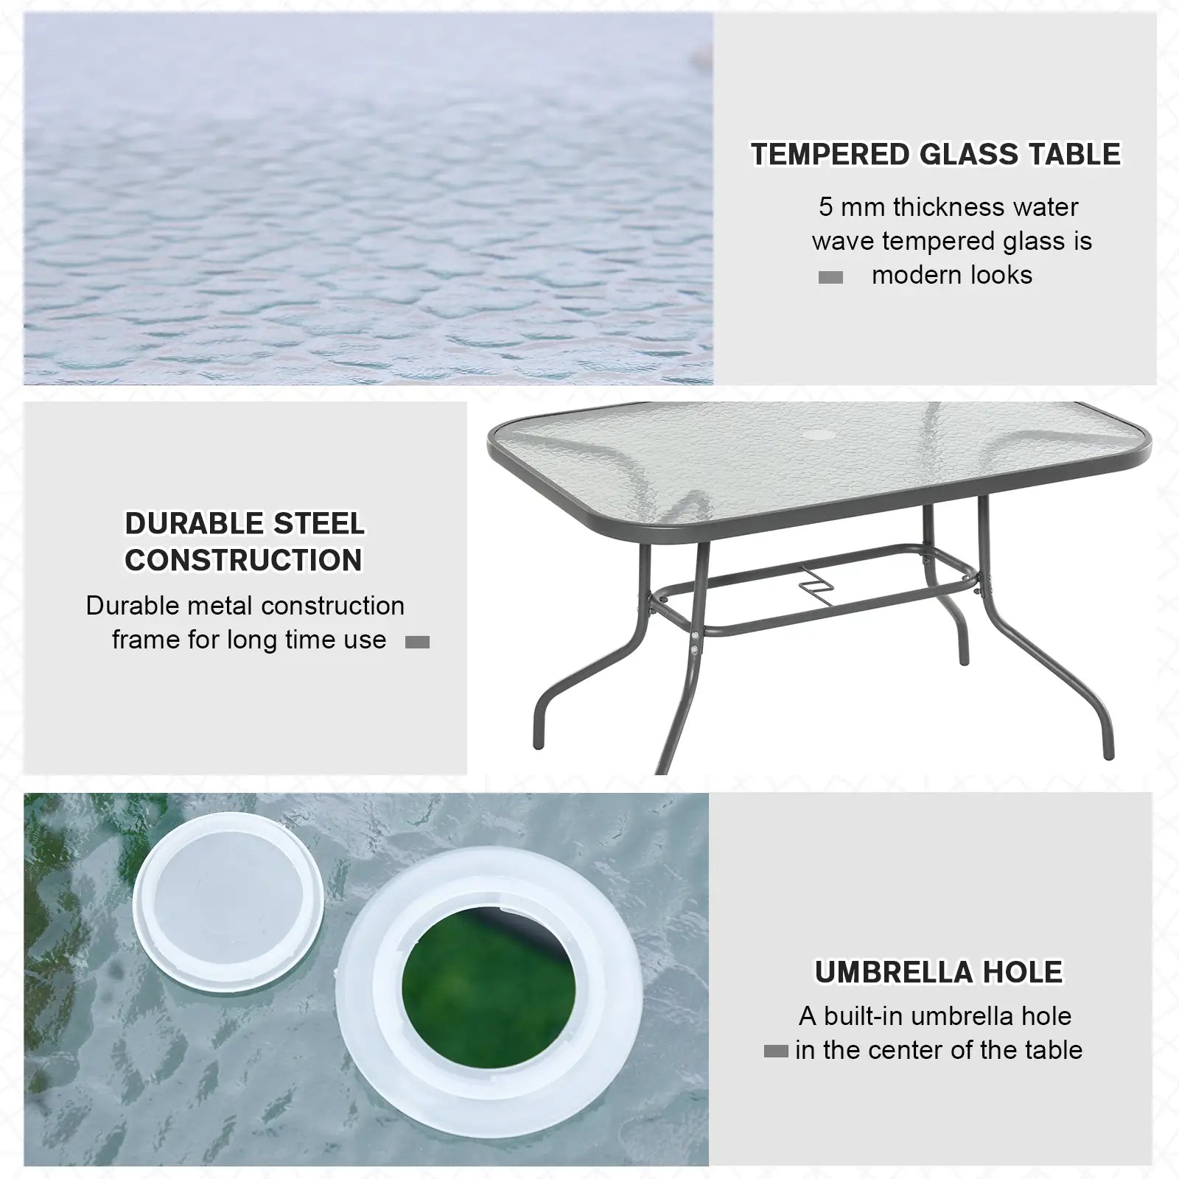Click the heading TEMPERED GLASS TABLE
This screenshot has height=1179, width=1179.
click(x=935, y=155)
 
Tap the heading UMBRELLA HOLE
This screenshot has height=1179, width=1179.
click(x=939, y=972)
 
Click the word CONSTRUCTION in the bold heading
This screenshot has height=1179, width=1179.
click(x=244, y=560)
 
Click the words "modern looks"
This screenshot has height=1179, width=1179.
click(x=952, y=276)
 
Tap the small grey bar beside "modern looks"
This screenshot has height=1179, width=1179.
click(x=830, y=278)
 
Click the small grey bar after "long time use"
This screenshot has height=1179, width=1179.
click(x=417, y=643)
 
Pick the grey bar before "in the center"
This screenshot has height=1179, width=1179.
click(x=776, y=1052)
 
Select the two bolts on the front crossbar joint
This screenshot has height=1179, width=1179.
click(x=694, y=641)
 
